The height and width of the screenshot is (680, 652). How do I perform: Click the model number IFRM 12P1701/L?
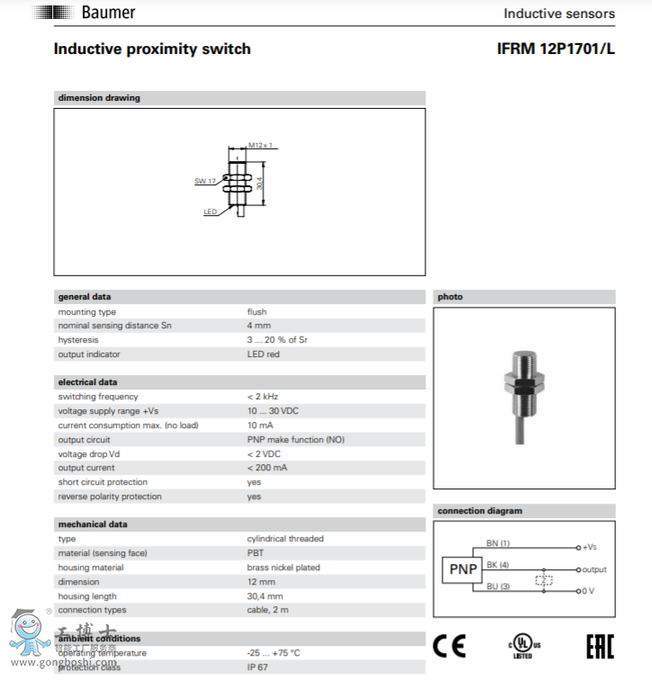click(556, 49)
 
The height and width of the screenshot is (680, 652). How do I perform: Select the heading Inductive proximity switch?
click(152, 49)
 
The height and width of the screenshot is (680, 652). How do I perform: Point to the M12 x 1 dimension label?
click(260, 145)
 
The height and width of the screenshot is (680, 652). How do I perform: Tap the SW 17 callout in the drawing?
click(205, 181)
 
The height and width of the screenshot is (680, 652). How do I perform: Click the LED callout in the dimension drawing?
click(210, 212)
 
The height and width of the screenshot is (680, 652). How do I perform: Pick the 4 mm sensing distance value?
click(259, 326)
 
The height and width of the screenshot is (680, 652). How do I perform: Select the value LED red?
click(263, 354)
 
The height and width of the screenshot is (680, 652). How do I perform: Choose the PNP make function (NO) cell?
click(296, 440)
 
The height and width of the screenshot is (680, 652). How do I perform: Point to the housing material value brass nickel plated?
click(283, 568)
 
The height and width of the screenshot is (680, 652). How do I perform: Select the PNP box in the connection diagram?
click(463, 569)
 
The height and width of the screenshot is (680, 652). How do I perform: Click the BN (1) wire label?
click(497, 543)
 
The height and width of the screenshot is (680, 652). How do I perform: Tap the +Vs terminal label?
click(590, 547)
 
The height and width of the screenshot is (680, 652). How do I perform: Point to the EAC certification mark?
click(600, 647)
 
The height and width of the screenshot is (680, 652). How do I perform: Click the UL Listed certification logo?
click(523, 647)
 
